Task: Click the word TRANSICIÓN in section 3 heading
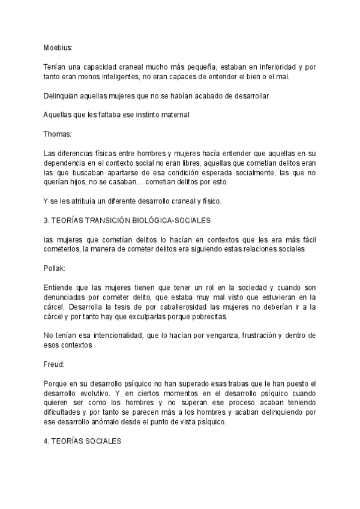coord(114,221)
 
